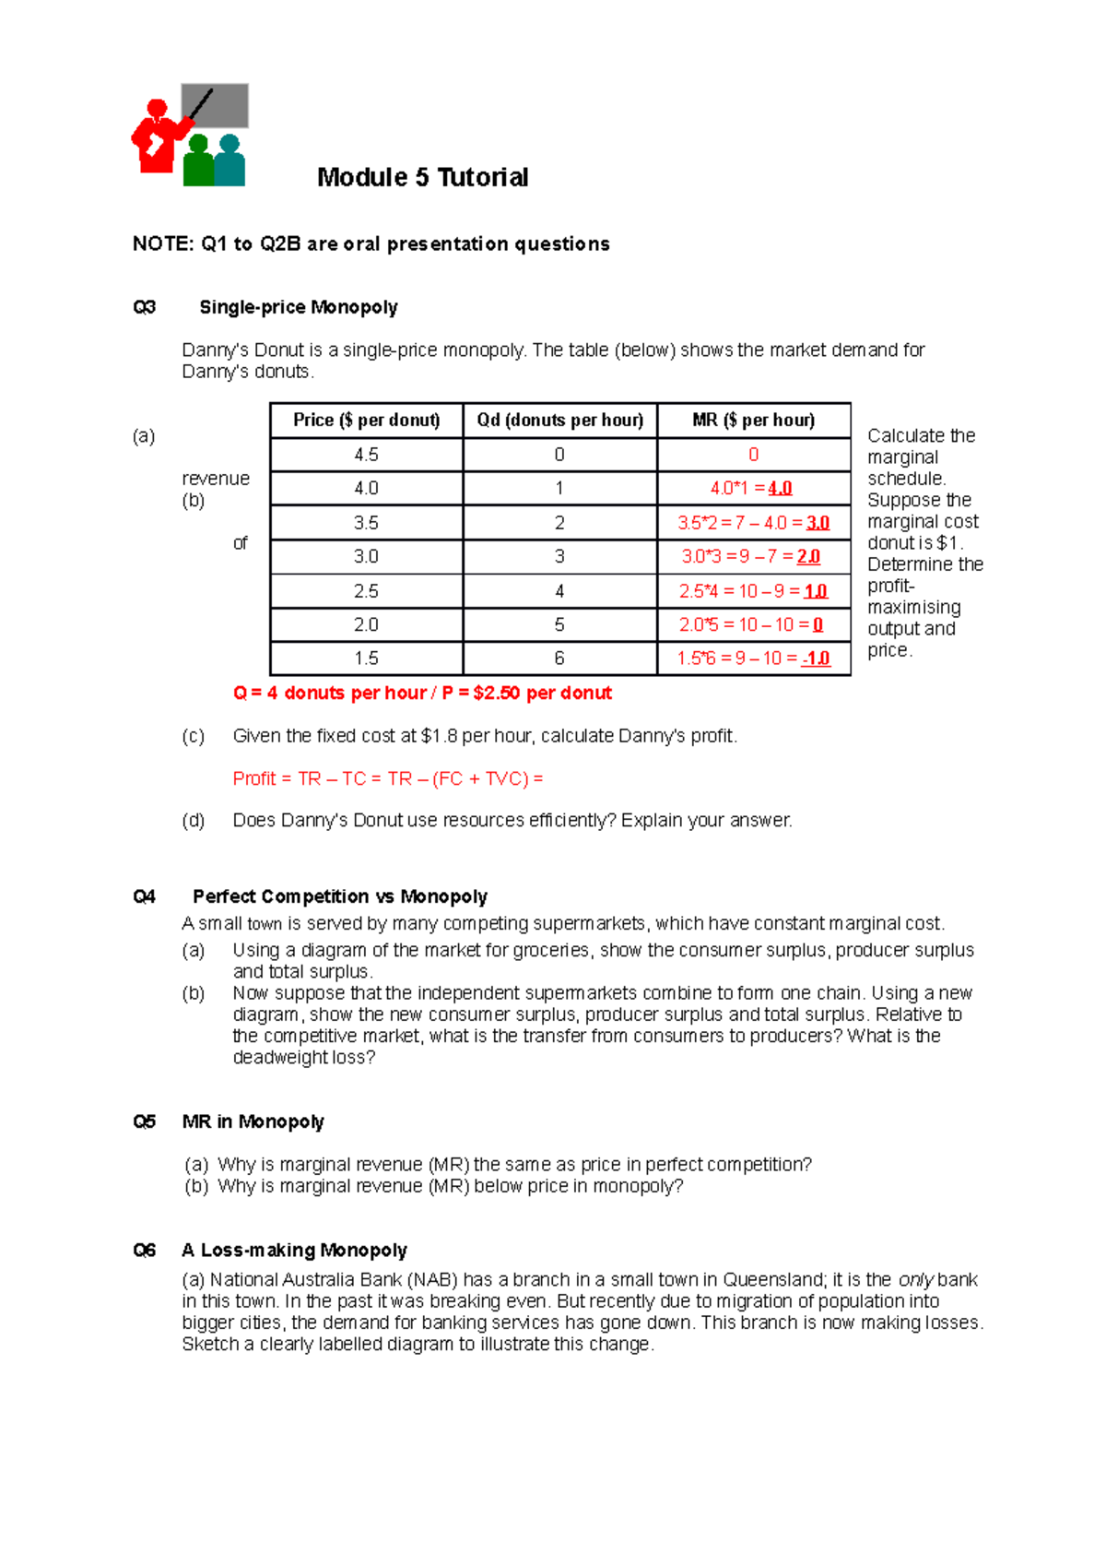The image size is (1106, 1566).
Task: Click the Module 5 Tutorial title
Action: (x=422, y=177)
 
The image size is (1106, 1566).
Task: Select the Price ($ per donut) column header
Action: (x=366, y=421)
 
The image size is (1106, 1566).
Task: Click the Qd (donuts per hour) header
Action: (x=559, y=421)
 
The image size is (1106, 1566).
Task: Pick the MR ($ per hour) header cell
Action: (x=753, y=421)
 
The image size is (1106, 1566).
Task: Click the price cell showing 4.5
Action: (x=366, y=455)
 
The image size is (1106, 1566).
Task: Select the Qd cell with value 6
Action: (x=559, y=658)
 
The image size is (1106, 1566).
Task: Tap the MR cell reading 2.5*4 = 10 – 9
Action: (x=753, y=591)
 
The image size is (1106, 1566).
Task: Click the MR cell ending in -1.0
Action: (x=753, y=658)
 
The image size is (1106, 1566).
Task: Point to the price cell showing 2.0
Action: (x=366, y=624)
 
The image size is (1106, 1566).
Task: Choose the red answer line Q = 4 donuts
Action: (x=422, y=693)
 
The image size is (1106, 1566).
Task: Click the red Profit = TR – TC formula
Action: (x=388, y=778)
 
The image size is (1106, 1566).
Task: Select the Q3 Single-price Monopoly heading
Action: (x=298, y=307)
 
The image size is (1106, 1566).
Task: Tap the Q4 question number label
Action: (x=145, y=896)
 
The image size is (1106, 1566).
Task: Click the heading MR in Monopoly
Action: (x=253, y=1121)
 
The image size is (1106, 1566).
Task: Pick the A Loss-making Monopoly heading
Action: (x=294, y=1251)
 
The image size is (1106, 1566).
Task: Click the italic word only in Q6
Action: (x=915, y=1280)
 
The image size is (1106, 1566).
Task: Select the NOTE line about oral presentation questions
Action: (x=371, y=243)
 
